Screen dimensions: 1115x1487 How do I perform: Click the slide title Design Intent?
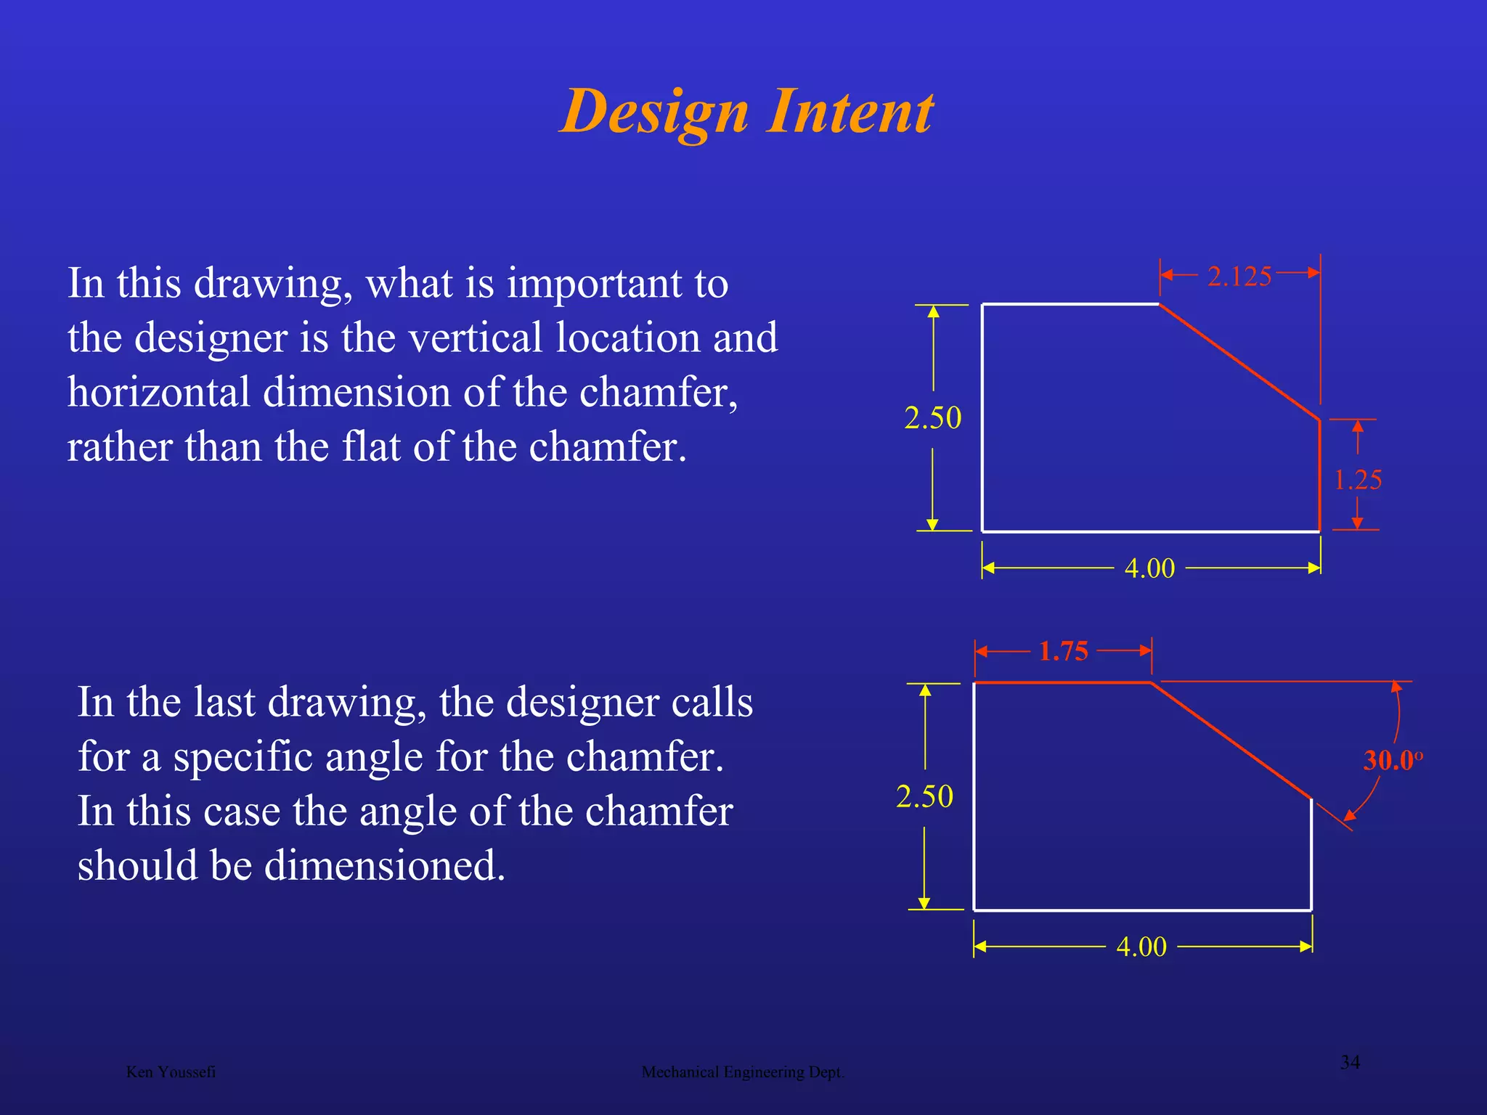click(x=746, y=112)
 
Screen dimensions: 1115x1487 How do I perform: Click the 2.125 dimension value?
click(x=1239, y=277)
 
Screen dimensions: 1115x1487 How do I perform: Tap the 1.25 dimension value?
click(x=1358, y=480)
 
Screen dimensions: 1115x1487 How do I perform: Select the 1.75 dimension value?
click(x=1063, y=651)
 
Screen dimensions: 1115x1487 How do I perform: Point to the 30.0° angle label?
click(x=1392, y=760)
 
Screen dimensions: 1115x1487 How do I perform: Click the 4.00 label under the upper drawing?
click(x=1149, y=568)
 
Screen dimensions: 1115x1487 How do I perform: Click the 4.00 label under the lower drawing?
click(x=1141, y=947)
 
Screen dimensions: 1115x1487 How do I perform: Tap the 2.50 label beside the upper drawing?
click(x=933, y=417)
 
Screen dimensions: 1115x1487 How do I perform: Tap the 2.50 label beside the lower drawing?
click(x=924, y=796)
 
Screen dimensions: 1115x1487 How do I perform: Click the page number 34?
click(x=1350, y=1062)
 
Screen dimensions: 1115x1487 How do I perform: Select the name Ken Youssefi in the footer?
click(x=171, y=1072)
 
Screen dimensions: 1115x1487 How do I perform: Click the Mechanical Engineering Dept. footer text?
click(x=743, y=1072)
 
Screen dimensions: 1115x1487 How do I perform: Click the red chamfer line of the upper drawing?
click(x=1239, y=362)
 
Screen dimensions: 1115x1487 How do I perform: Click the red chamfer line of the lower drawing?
click(x=1231, y=740)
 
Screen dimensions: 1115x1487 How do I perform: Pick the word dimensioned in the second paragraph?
click(x=384, y=866)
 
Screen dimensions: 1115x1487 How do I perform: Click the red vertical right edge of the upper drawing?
click(x=1319, y=475)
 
